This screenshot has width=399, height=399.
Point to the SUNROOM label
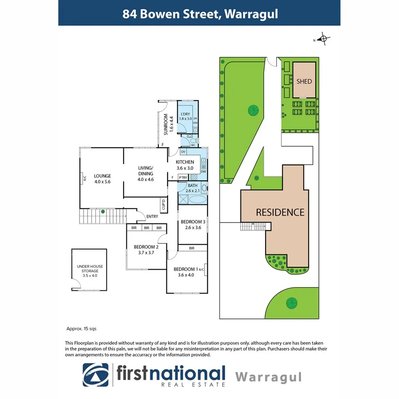[x=166, y=125]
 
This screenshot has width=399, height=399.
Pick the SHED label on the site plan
[x=304, y=81]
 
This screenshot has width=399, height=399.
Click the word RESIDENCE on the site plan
[x=280, y=212]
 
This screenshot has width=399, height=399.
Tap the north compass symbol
[x=324, y=39]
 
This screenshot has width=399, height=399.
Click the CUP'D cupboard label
[x=163, y=206]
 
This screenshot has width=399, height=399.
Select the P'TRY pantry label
[x=183, y=177]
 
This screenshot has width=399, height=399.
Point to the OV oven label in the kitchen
[x=183, y=152]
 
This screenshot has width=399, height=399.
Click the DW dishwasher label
[x=203, y=172]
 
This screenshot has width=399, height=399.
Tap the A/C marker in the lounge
[x=84, y=179]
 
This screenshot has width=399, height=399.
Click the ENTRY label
[x=152, y=216]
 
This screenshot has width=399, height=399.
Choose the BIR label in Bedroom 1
[x=192, y=248]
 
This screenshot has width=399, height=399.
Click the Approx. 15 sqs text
[x=81, y=329]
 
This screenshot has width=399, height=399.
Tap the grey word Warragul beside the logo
[x=268, y=377]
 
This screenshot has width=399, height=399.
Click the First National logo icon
[x=95, y=376]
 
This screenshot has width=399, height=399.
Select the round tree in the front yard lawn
[x=291, y=303]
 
